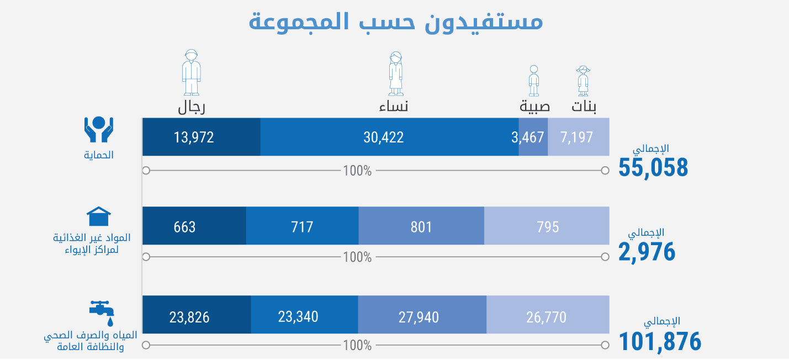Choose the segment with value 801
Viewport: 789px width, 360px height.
click(x=421, y=226)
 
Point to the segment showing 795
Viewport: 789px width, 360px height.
click(x=547, y=226)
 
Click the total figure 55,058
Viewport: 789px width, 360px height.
click(x=653, y=167)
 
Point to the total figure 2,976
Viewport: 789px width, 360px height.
click(x=647, y=252)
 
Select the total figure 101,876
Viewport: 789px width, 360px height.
click(x=660, y=341)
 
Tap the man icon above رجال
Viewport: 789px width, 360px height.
click(x=191, y=72)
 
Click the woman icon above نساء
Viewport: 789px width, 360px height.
click(x=395, y=73)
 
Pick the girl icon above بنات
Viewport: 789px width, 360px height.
click(x=583, y=81)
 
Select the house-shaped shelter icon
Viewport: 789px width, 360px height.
click(x=99, y=216)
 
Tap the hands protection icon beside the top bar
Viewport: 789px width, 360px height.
click(x=99, y=130)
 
